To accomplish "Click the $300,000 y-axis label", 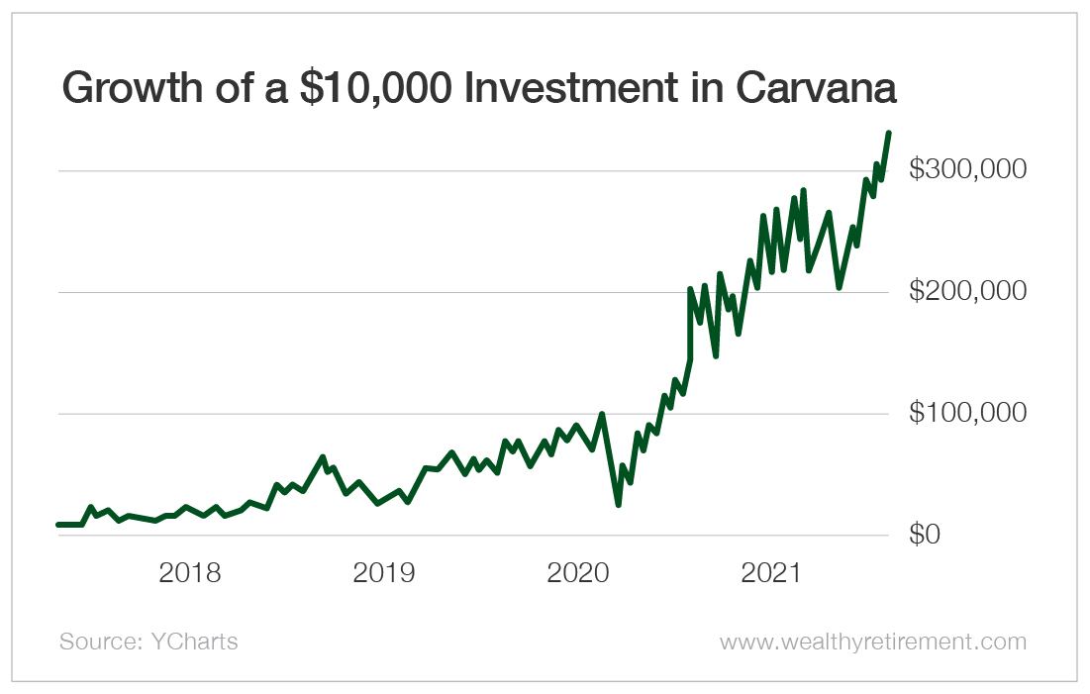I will pyautogui.click(x=967, y=169).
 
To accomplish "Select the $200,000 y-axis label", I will pyautogui.click(x=967, y=291).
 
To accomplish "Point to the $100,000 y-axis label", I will pyautogui.click(x=967, y=413).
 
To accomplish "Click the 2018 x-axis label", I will pyautogui.click(x=189, y=573).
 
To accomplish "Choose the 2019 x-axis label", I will pyautogui.click(x=384, y=573).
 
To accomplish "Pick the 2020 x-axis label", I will pyautogui.click(x=579, y=573).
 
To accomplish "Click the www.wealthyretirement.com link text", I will pyautogui.click(x=872, y=642).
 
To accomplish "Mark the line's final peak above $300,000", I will pyautogui.click(x=888, y=133).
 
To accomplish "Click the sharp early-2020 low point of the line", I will pyautogui.click(x=618, y=505).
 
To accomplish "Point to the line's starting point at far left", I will pyautogui.click(x=58, y=525).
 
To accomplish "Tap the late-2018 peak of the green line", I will pyautogui.click(x=323, y=457).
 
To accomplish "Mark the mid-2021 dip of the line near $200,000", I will pyautogui.click(x=839, y=287).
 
